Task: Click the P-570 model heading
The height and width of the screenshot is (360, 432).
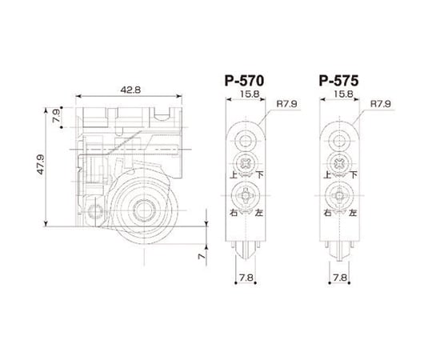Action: [x=246, y=81]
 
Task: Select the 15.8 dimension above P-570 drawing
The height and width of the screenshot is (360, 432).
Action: [x=247, y=94]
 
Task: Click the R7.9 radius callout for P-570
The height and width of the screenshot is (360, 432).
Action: [x=286, y=103]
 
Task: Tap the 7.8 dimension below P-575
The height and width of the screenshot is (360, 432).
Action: [x=341, y=279]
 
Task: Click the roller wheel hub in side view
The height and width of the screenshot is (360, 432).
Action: [x=146, y=210]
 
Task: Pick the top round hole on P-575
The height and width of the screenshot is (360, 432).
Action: [x=341, y=142]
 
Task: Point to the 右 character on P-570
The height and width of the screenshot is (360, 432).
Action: [x=232, y=214]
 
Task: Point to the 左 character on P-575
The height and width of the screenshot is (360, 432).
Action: [x=354, y=214]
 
